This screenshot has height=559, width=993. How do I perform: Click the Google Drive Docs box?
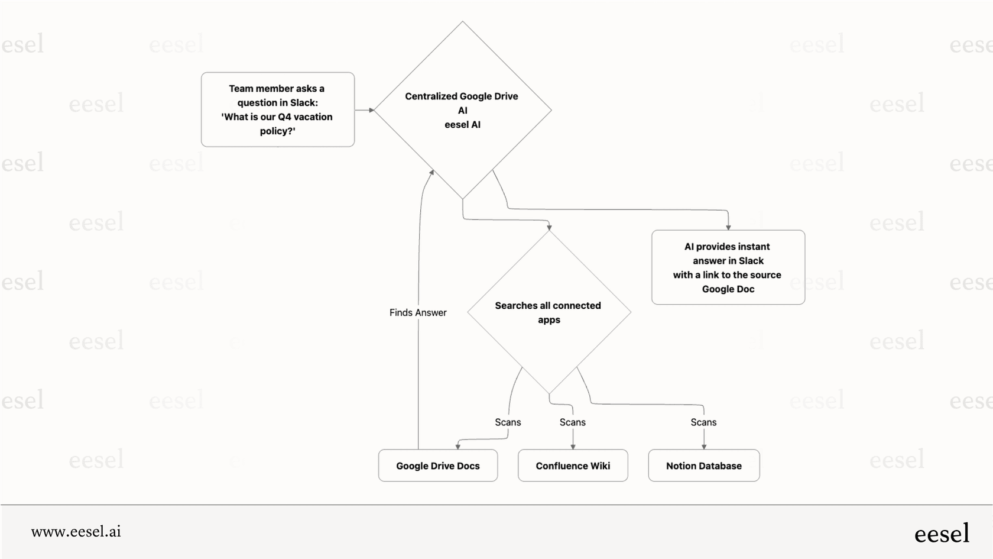click(x=438, y=466)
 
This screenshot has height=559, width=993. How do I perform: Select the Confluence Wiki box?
click(x=573, y=466)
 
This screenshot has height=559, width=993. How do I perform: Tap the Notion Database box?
click(x=703, y=466)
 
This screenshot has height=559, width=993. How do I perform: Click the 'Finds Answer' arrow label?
click(x=418, y=312)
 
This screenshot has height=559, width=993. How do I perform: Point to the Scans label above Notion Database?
click(x=703, y=422)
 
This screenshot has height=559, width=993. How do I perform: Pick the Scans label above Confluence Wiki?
click(x=572, y=422)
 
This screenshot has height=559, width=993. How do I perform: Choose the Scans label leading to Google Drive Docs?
click(x=508, y=422)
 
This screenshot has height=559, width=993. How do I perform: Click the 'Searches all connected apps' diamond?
click(x=549, y=312)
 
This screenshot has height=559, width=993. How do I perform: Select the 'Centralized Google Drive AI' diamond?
click(x=462, y=110)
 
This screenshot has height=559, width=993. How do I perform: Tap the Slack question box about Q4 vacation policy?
click(x=277, y=109)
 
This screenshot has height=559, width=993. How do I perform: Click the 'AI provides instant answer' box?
click(x=728, y=267)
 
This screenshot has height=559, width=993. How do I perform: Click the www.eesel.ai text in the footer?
click(x=76, y=532)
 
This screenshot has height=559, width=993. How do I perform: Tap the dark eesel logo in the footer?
click(x=942, y=533)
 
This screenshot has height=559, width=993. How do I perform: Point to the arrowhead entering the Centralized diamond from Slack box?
click(x=371, y=110)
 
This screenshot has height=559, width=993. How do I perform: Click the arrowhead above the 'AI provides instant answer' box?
click(x=728, y=227)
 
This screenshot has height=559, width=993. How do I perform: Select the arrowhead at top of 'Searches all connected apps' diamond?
click(x=549, y=228)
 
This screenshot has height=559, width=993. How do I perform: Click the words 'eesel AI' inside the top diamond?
click(x=462, y=125)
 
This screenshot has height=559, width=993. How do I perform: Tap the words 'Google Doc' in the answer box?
click(x=728, y=289)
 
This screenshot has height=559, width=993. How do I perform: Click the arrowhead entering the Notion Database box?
click(x=704, y=447)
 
